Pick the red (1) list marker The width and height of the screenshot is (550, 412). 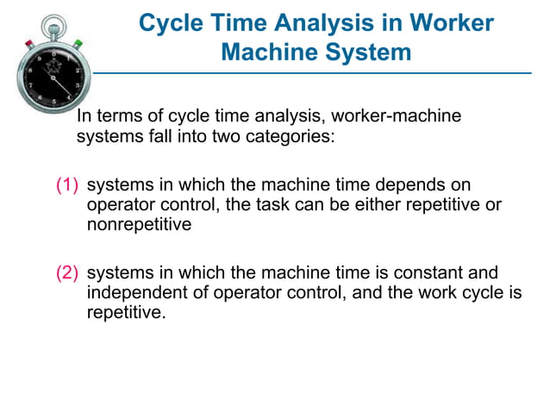tap(67, 185)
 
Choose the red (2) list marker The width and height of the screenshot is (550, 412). tap(67, 272)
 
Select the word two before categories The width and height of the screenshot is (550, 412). tap(212, 136)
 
